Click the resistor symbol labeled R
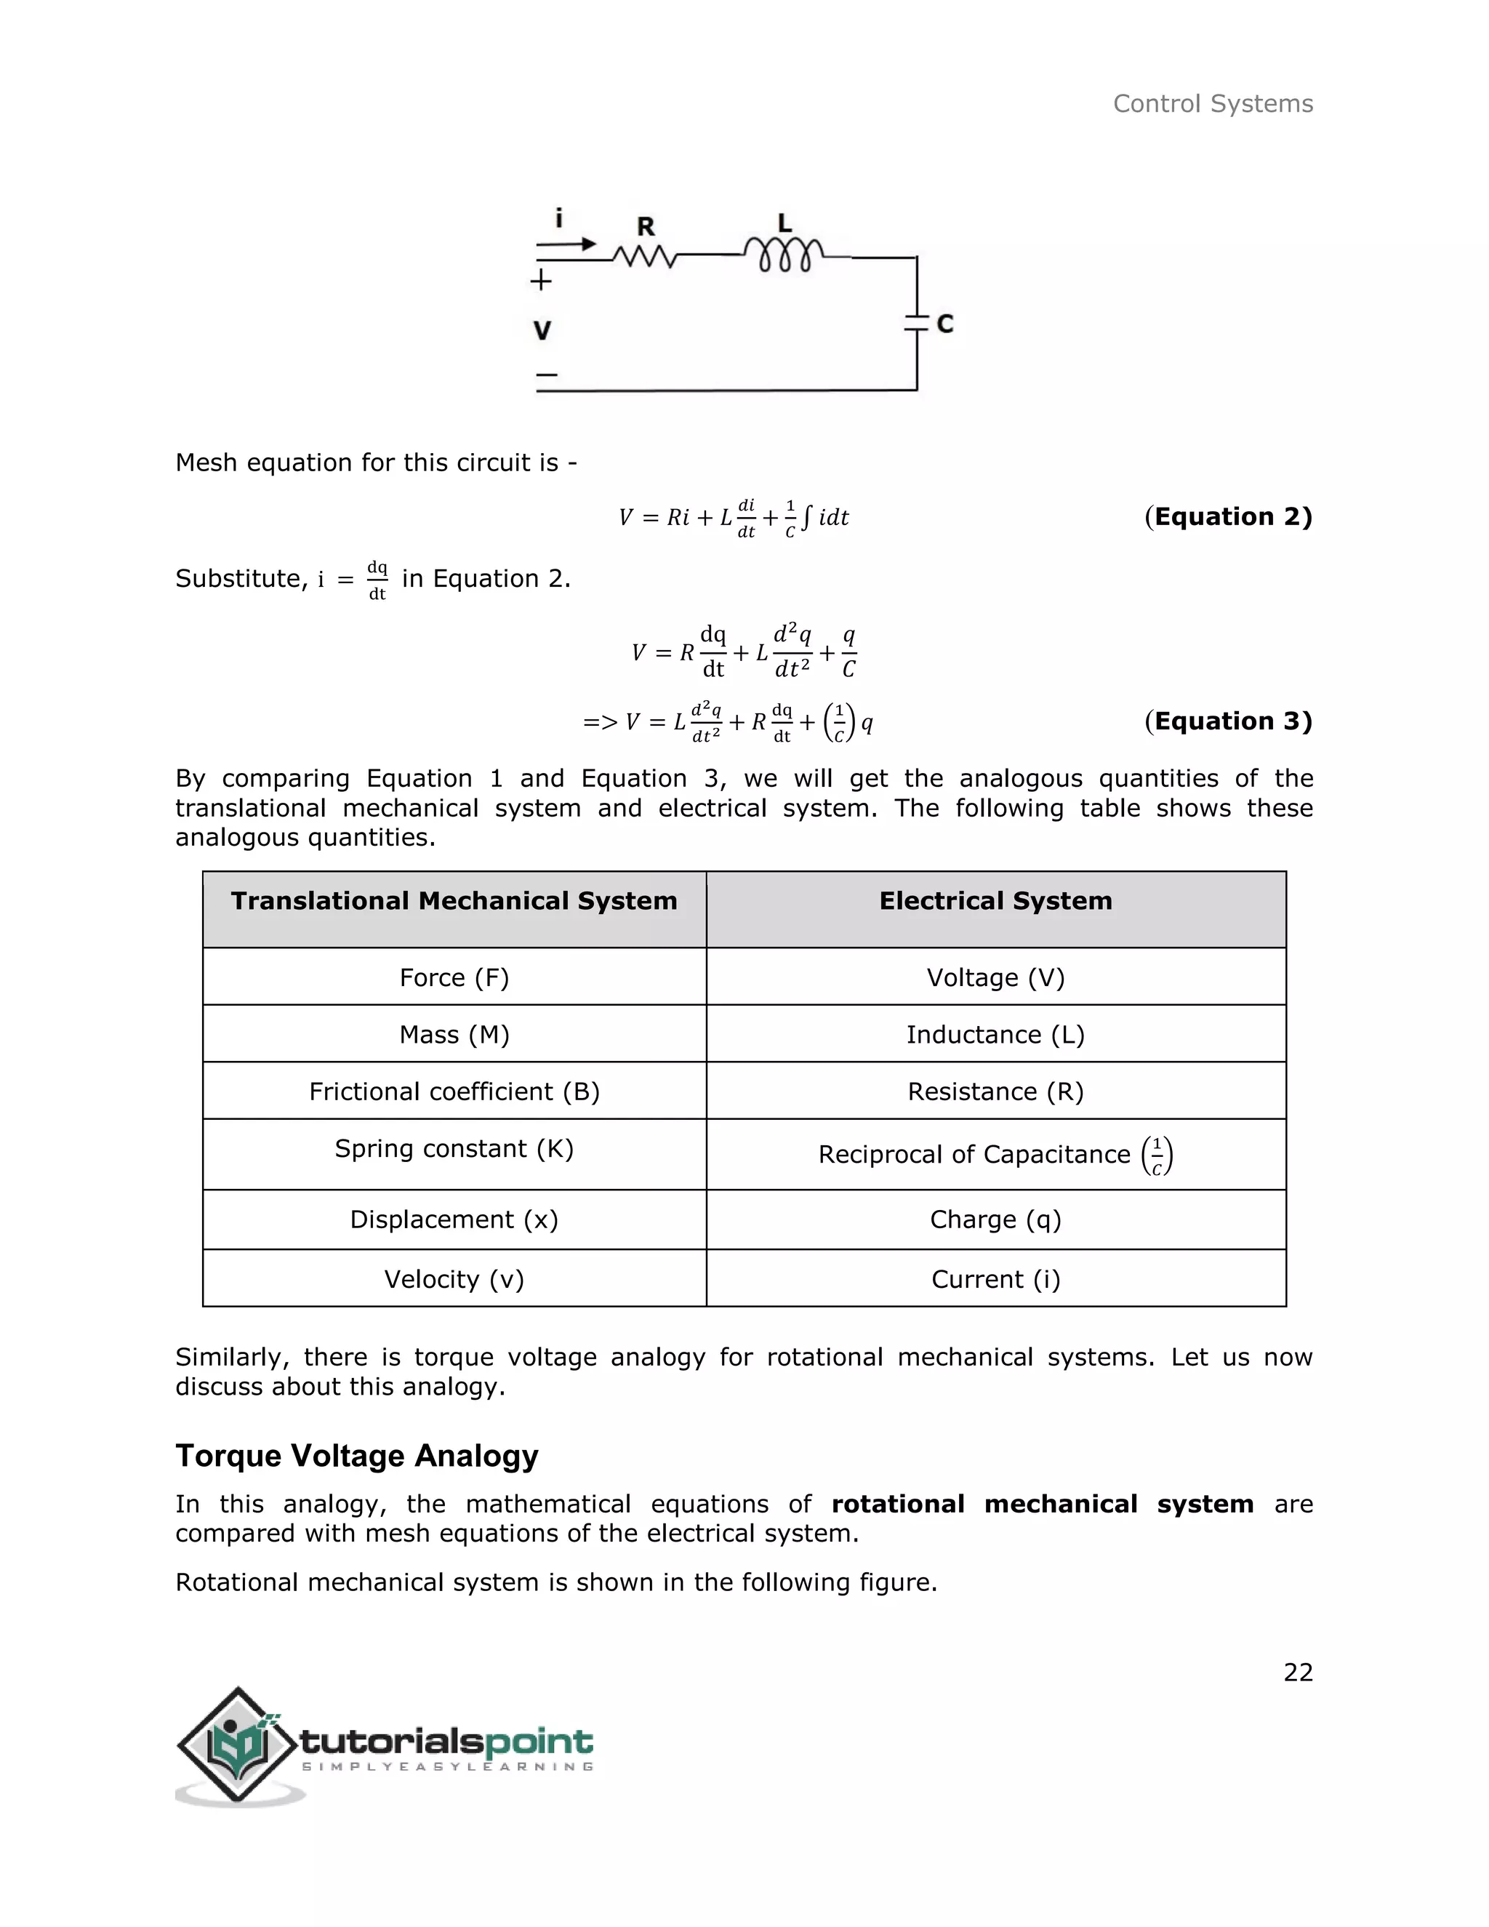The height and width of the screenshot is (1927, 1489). pos(645,257)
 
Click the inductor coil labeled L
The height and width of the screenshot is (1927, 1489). pos(783,255)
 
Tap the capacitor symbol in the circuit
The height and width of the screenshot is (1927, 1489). pos(918,322)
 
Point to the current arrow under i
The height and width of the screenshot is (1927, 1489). pos(566,244)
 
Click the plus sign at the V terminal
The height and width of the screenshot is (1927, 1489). pos(541,281)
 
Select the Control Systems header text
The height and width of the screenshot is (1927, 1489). pos(1212,104)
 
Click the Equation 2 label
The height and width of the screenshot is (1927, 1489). pos(1228,516)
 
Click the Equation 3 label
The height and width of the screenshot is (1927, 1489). pos(1228,721)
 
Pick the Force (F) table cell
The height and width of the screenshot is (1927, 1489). pos(454,977)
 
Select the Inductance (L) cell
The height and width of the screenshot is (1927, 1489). pos(995,1034)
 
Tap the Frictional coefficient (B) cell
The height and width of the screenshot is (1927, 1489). pos(454,1091)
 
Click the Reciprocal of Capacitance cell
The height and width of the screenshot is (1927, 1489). pos(995,1154)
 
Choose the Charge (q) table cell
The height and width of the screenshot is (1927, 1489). pos(995,1219)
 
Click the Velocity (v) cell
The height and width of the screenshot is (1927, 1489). pos(454,1278)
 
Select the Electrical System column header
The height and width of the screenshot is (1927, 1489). pos(995,901)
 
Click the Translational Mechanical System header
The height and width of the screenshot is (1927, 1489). pos(454,901)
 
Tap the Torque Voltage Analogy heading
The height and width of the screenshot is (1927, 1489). pos(356,1456)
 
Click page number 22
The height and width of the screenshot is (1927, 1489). pos(1298,1672)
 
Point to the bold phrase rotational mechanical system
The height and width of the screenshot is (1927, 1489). pos(1042,1505)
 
